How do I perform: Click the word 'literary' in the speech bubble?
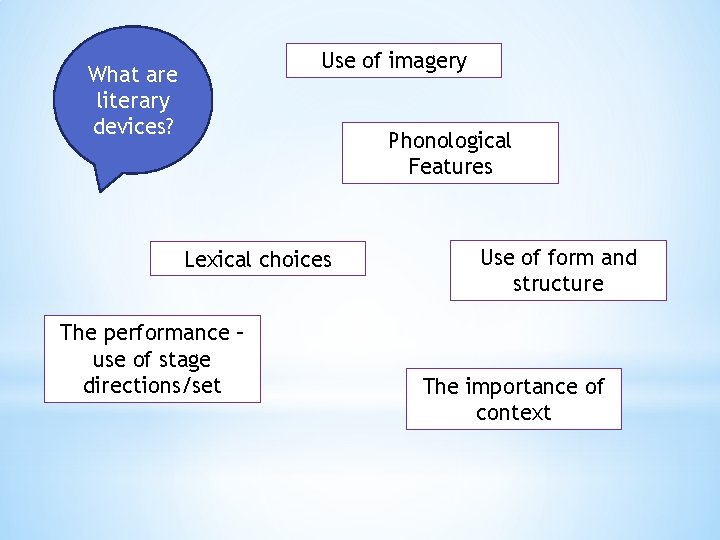click(x=133, y=101)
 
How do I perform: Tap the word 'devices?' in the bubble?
click(x=133, y=127)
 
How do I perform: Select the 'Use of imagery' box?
click(x=393, y=61)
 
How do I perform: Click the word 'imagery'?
click(x=427, y=62)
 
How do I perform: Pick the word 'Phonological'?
click(x=449, y=140)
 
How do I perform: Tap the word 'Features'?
click(x=450, y=166)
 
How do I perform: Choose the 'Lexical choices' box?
click(x=257, y=260)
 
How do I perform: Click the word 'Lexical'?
click(x=217, y=260)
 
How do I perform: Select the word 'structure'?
click(x=558, y=283)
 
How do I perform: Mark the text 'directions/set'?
click(x=152, y=385)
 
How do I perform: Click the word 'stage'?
click(x=185, y=359)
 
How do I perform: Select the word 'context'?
click(x=513, y=413)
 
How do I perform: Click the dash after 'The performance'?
click(x=239, y=333)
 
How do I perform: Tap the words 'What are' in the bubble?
click(x=133, y=74)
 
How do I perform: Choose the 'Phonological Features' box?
click(x=450, y=153)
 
